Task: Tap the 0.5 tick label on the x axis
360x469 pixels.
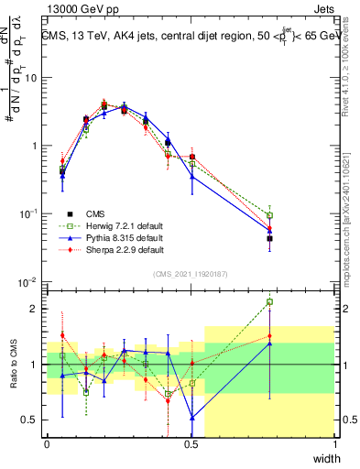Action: tap(191, 444)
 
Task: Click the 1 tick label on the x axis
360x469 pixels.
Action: tap(335, 444)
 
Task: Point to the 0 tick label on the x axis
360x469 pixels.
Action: tap(47, 444)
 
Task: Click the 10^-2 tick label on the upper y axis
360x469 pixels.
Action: tap(29, 281)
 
